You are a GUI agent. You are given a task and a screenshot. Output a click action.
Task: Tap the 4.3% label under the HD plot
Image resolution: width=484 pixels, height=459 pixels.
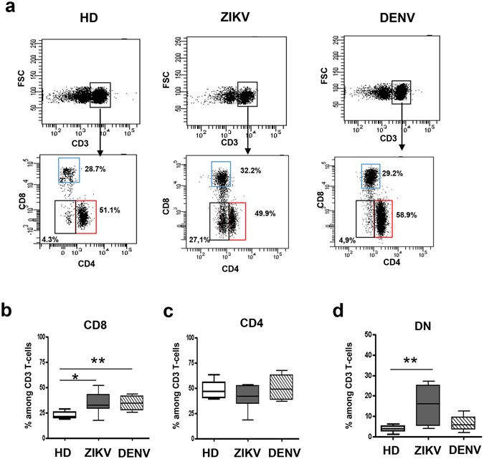44,238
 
